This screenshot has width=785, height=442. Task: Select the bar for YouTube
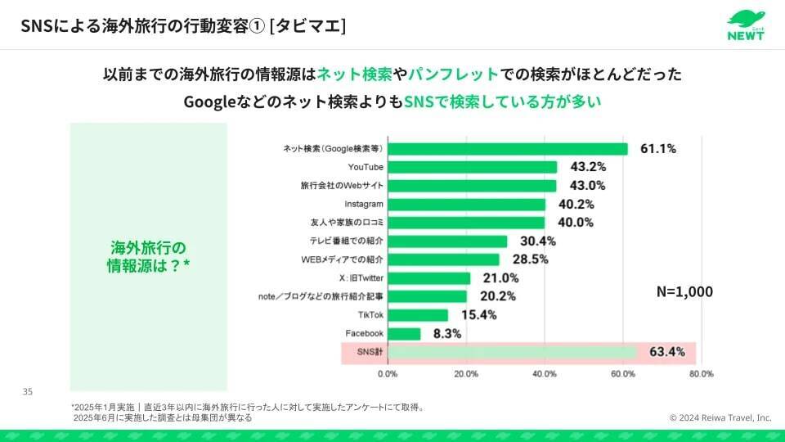(x=472, y=167)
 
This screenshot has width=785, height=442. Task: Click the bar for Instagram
(x=466, y=204)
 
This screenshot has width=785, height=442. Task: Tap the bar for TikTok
(x=418, y=315)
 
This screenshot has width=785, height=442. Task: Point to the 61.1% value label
(x=658, y=149)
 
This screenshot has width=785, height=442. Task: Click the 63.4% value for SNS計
(x=667, y=353)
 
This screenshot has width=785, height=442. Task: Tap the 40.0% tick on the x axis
(x=544, y=374)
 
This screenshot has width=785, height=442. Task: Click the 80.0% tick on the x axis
(x=701, y=374)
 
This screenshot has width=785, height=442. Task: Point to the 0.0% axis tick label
(x=387, y=374)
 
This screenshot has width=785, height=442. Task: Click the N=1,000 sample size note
(x=684, y=291)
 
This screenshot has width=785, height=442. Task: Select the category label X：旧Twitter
(x=361, y=278)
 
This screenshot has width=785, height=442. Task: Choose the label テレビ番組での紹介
(x=347, y=241)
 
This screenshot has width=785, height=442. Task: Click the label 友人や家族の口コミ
(x=348, y=223)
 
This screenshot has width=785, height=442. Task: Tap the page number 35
(x=27, y=393)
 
